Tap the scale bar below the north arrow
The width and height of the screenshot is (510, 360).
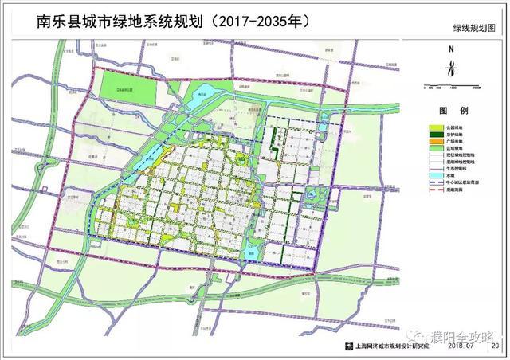pyautogui.click(x=451, y=85)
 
